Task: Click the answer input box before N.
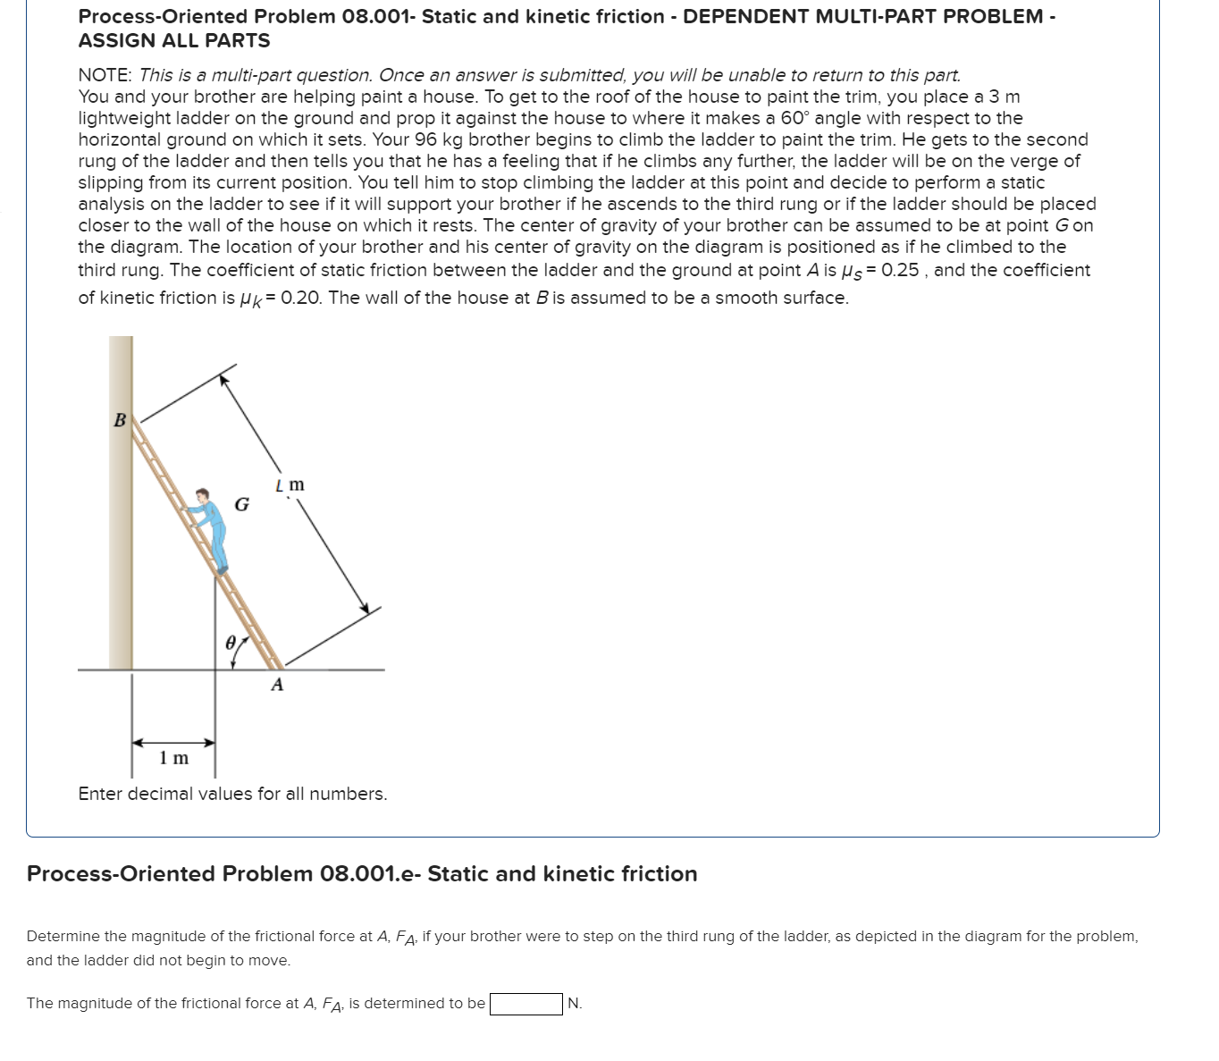coord(525,1004)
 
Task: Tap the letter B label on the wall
coord(120,420)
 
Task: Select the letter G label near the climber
coord(241,505)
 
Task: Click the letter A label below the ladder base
coord(277,686)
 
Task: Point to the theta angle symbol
coord(231,643)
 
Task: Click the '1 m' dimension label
coord(174,759)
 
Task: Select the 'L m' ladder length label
coord(290,485)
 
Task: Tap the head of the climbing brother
coord(204,496)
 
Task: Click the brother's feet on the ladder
coord(222,568)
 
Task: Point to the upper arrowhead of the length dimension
coord(225,379)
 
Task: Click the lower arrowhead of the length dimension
coord(364,608)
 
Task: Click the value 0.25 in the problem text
coord(900,270)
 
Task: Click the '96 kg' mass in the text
coord(439,139)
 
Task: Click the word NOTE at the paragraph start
coord(105,75)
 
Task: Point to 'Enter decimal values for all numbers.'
coord(232,794)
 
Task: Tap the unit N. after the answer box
coord(575,1004)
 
